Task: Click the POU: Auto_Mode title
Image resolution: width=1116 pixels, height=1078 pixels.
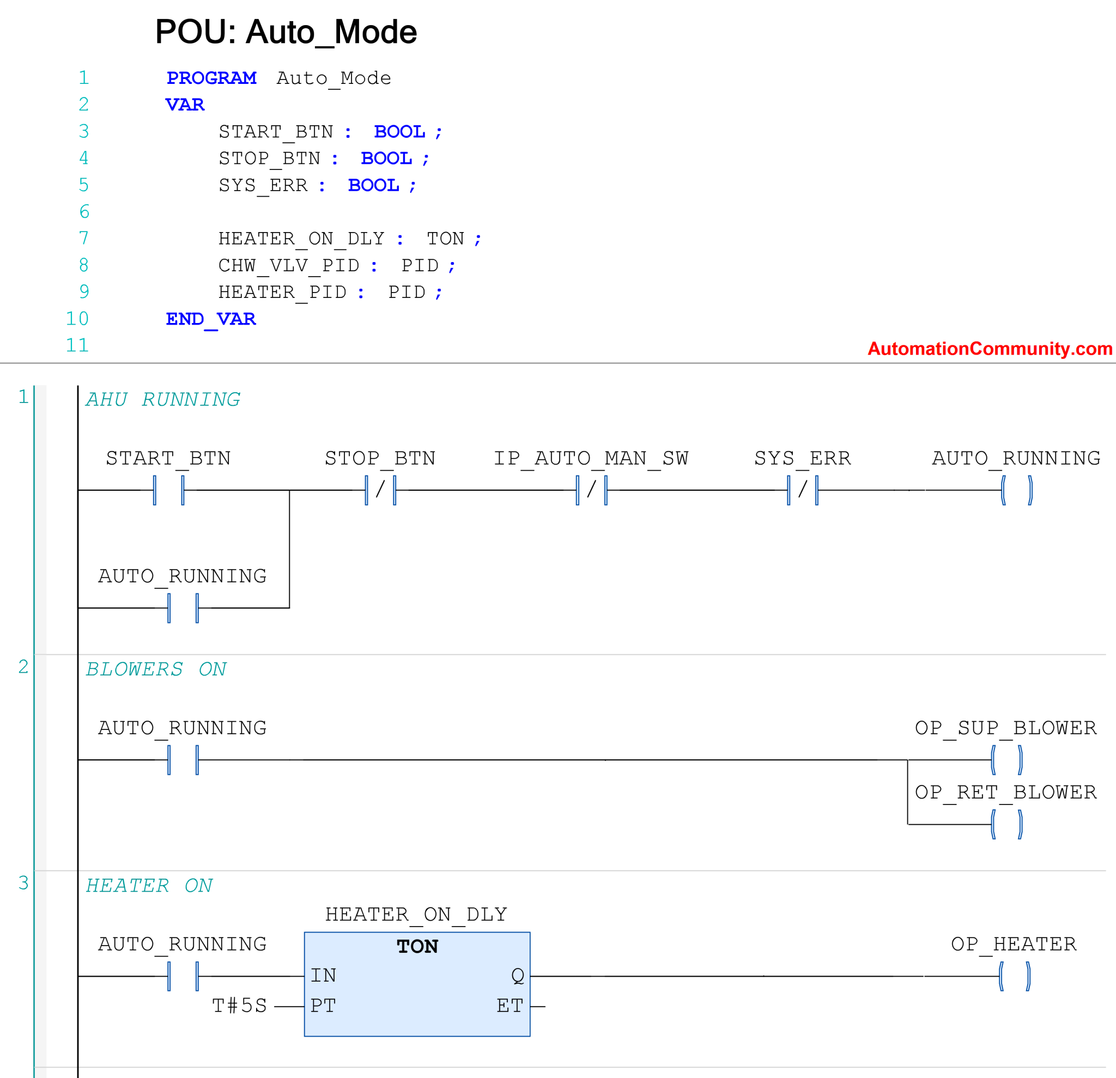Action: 286,32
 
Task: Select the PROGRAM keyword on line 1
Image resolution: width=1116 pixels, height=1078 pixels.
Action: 211,78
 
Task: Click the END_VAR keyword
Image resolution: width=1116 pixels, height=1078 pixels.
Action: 211,319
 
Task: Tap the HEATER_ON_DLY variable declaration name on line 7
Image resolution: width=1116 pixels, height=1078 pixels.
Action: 301,239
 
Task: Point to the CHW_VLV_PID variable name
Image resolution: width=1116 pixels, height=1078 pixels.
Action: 289,266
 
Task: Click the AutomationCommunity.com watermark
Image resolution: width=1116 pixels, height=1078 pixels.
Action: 990,348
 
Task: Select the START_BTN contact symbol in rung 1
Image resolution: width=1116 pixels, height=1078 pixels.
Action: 168,490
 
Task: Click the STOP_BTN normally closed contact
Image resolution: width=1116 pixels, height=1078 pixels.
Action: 380,490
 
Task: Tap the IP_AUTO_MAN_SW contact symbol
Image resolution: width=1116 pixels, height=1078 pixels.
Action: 592,490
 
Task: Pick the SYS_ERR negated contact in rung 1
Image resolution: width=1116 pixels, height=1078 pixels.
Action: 802,490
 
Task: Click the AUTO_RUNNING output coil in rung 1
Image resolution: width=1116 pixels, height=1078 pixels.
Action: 1016,490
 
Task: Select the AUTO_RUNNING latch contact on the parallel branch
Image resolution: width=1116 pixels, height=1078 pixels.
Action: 183,608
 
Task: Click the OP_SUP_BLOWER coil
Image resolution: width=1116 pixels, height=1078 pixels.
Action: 1006,760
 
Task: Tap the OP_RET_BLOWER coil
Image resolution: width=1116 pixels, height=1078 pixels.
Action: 1006,824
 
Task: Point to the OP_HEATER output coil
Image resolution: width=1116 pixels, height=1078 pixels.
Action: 1014,976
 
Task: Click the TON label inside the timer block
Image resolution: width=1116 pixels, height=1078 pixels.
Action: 417,947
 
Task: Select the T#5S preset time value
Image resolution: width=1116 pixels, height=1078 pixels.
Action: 239,1006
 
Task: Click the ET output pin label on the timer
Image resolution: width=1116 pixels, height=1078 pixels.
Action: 510,1006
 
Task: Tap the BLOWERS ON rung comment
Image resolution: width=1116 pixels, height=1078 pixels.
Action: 156,669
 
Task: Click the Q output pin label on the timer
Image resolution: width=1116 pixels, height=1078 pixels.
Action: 517,976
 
